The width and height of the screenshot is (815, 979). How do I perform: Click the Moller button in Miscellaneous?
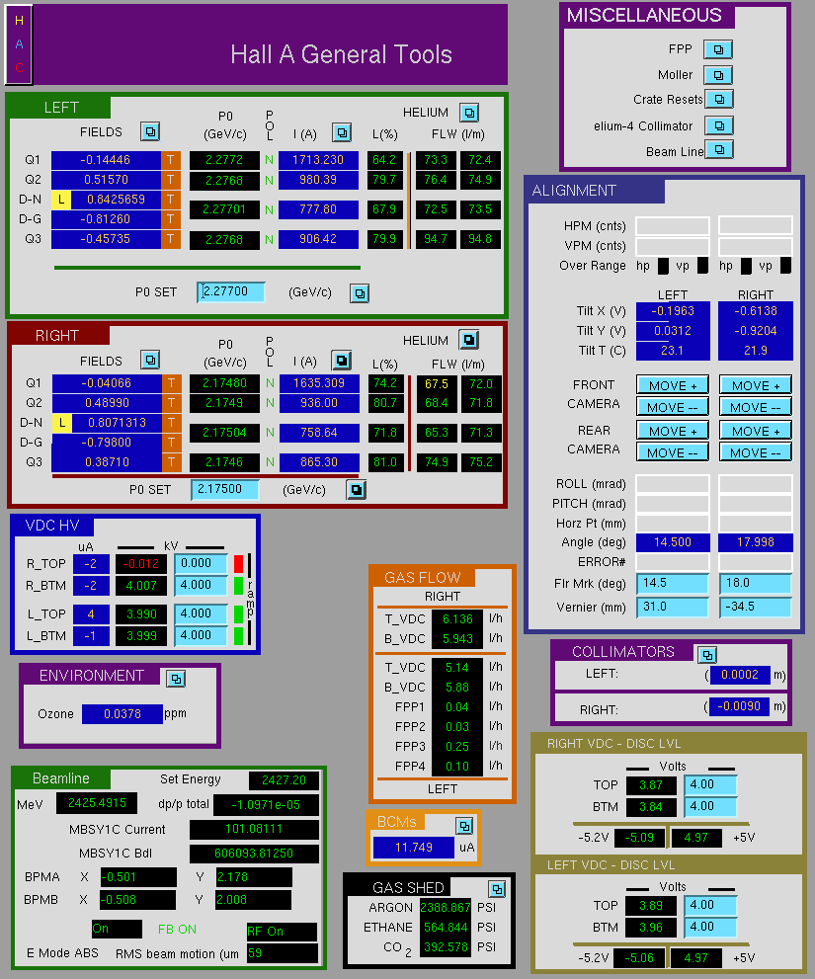[718, 75]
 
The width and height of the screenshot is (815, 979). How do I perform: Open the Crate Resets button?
[719, 99]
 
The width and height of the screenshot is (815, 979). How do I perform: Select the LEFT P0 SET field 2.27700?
[230, 291]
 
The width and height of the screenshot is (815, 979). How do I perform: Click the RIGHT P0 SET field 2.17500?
[225, 490]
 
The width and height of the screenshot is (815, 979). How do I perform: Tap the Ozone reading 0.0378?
[122, 713]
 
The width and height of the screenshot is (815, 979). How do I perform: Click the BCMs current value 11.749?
[414, 848]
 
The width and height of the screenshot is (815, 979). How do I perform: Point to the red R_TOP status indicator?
[238, 564]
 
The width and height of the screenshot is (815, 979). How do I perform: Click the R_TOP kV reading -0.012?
[140, 564]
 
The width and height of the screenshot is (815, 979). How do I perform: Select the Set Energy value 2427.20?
[284, 779]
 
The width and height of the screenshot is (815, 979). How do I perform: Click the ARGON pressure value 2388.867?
[446, 907]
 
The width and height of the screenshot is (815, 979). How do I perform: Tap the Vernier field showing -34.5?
[755, 607]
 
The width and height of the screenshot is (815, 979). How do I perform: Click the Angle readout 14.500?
[673, 542]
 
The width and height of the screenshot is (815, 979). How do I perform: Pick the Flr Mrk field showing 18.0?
[755, 583]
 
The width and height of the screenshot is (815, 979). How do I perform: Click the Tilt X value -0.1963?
[673, 311]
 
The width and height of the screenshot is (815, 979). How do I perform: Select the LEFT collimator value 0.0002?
[740, 675]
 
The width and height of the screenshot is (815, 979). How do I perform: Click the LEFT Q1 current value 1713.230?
[318, 160]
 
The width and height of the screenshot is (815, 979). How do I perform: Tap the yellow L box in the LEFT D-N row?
[60, 200]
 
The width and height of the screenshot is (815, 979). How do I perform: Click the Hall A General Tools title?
[341, 54]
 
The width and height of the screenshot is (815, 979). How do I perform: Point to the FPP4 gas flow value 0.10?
[457, 766]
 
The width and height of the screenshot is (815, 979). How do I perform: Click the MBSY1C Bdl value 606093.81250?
[254, 854]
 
